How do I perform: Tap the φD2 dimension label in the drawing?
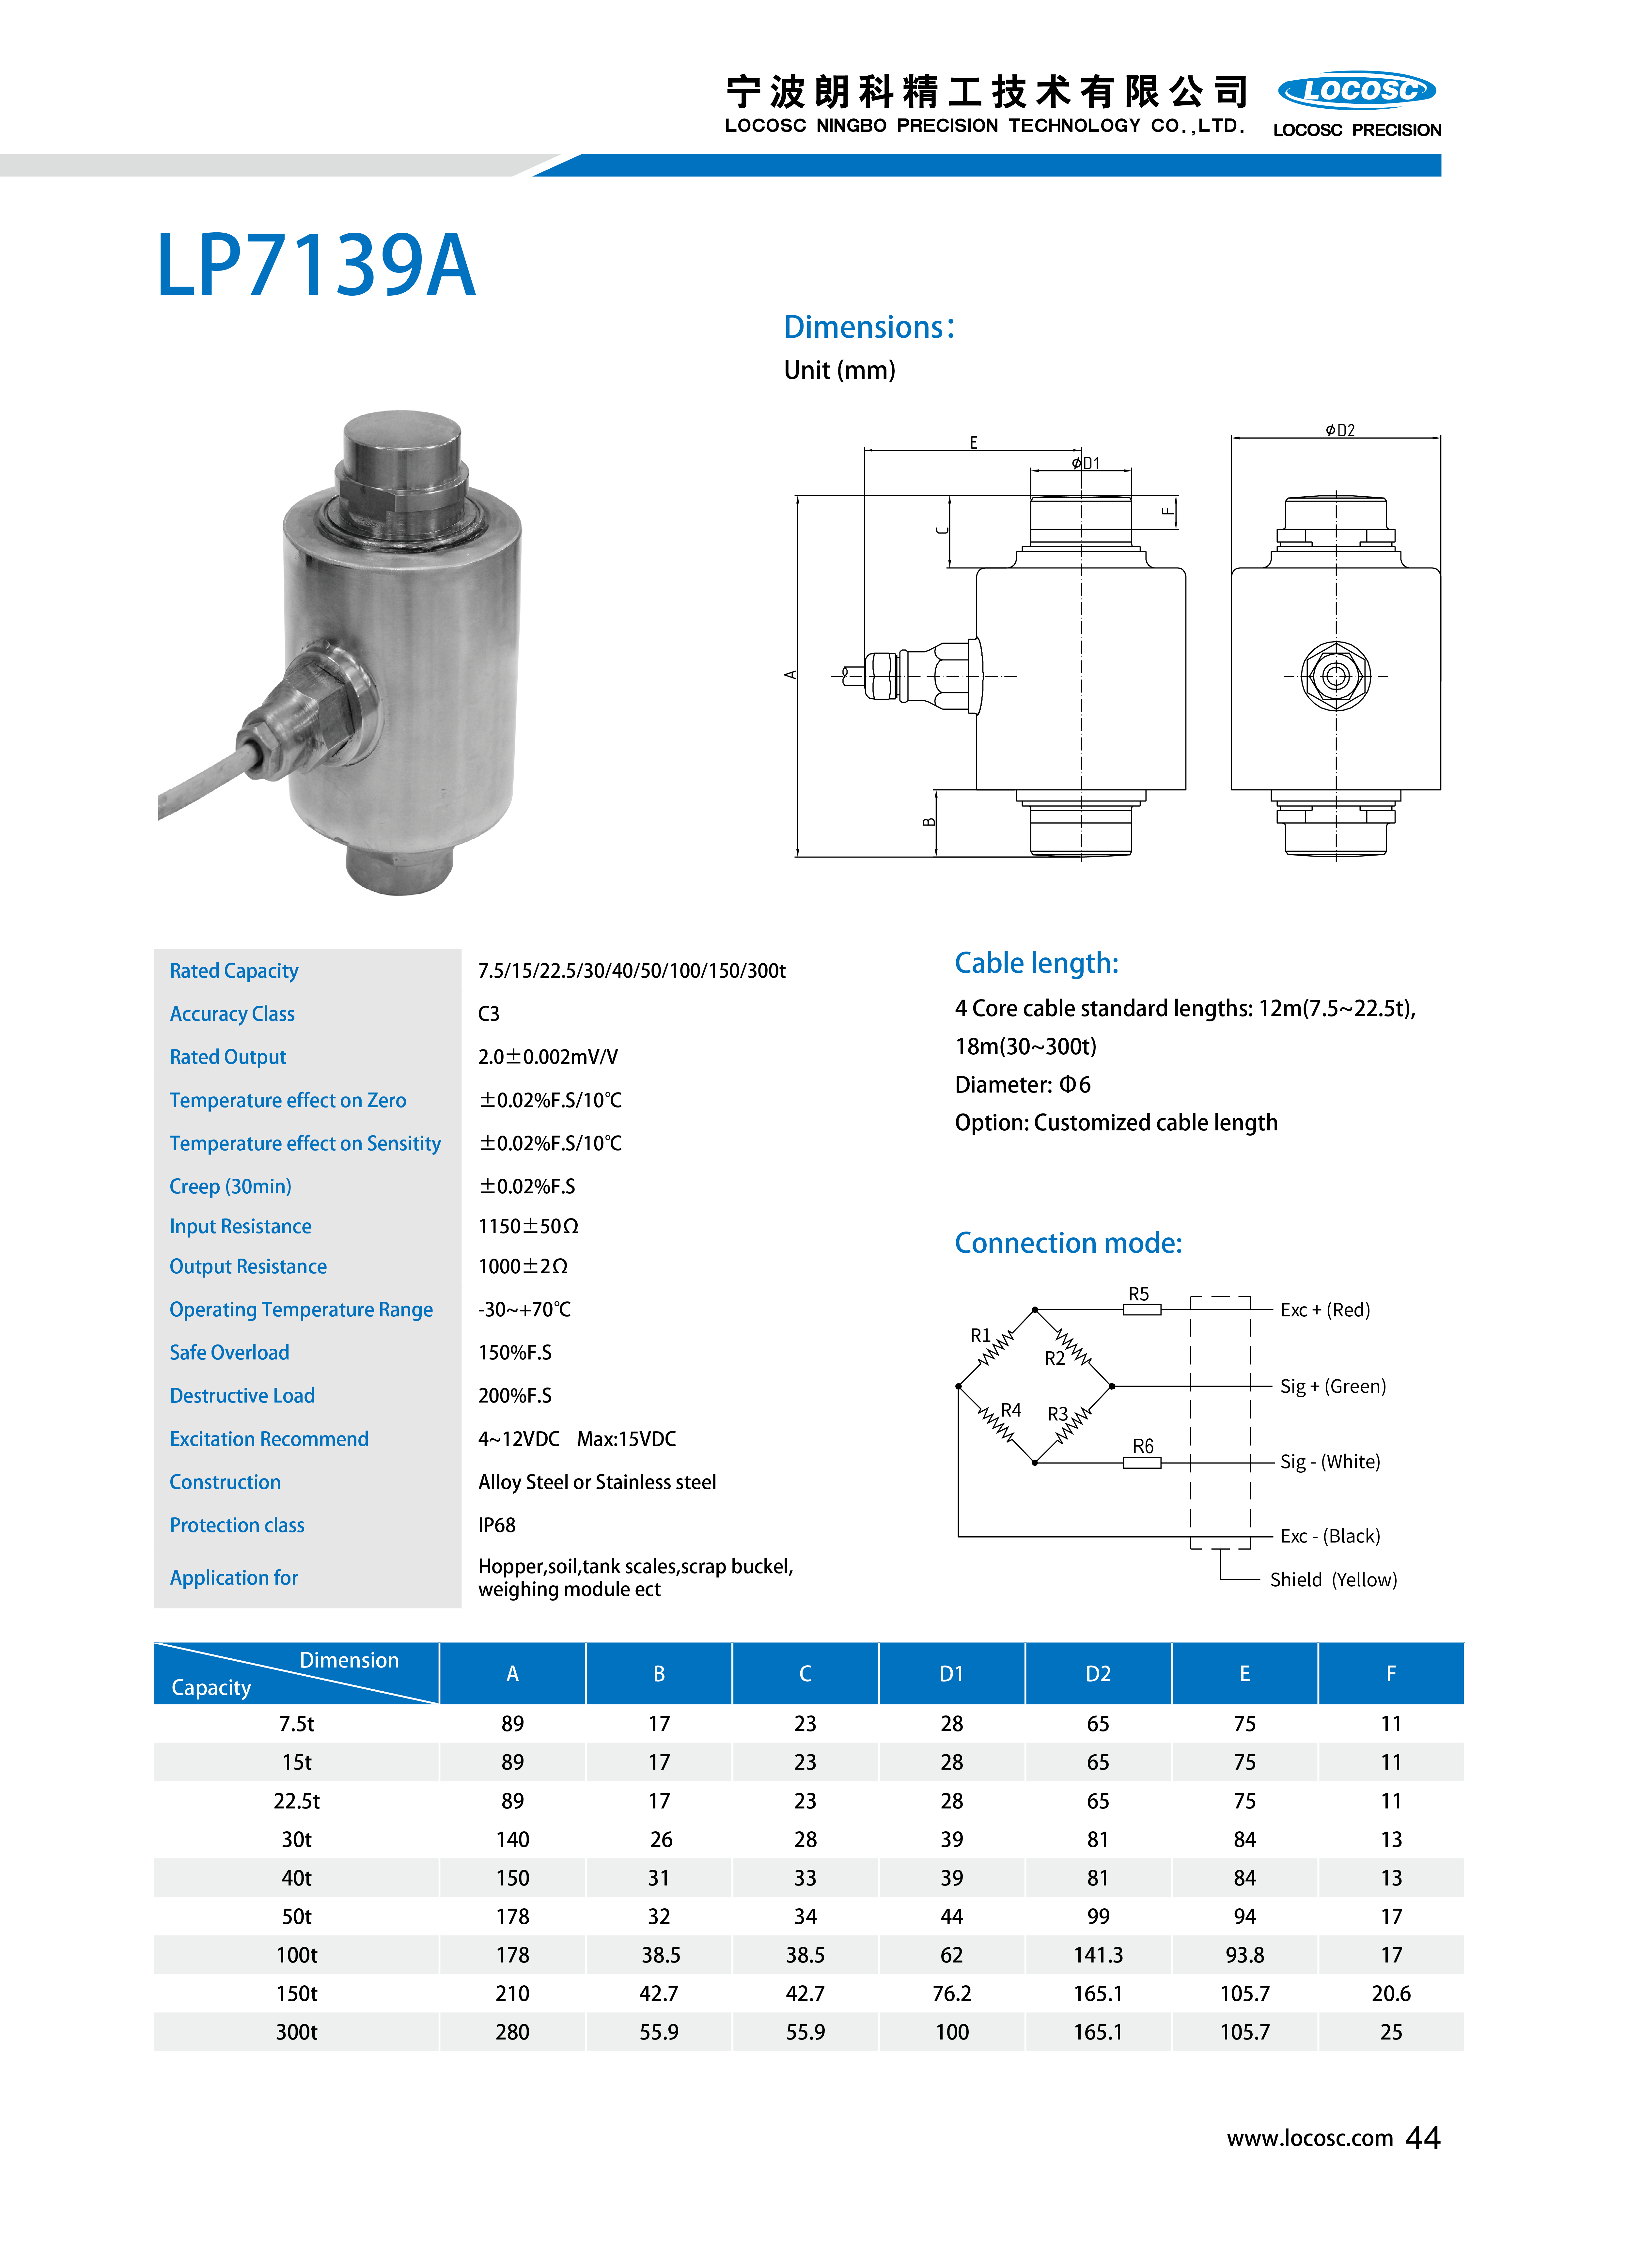[x=1340, y=430]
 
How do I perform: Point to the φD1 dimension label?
[x=1086, y=463]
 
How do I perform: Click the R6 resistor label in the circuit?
[x=1143, y=1446]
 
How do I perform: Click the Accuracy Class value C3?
[x=489, y=1014]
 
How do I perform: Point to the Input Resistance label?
[x=241, y=1226]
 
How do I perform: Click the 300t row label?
[x=296, y=2032]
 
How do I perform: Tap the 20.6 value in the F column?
[x=1391, y=1993]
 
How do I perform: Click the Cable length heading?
[x=1037, y=963]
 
